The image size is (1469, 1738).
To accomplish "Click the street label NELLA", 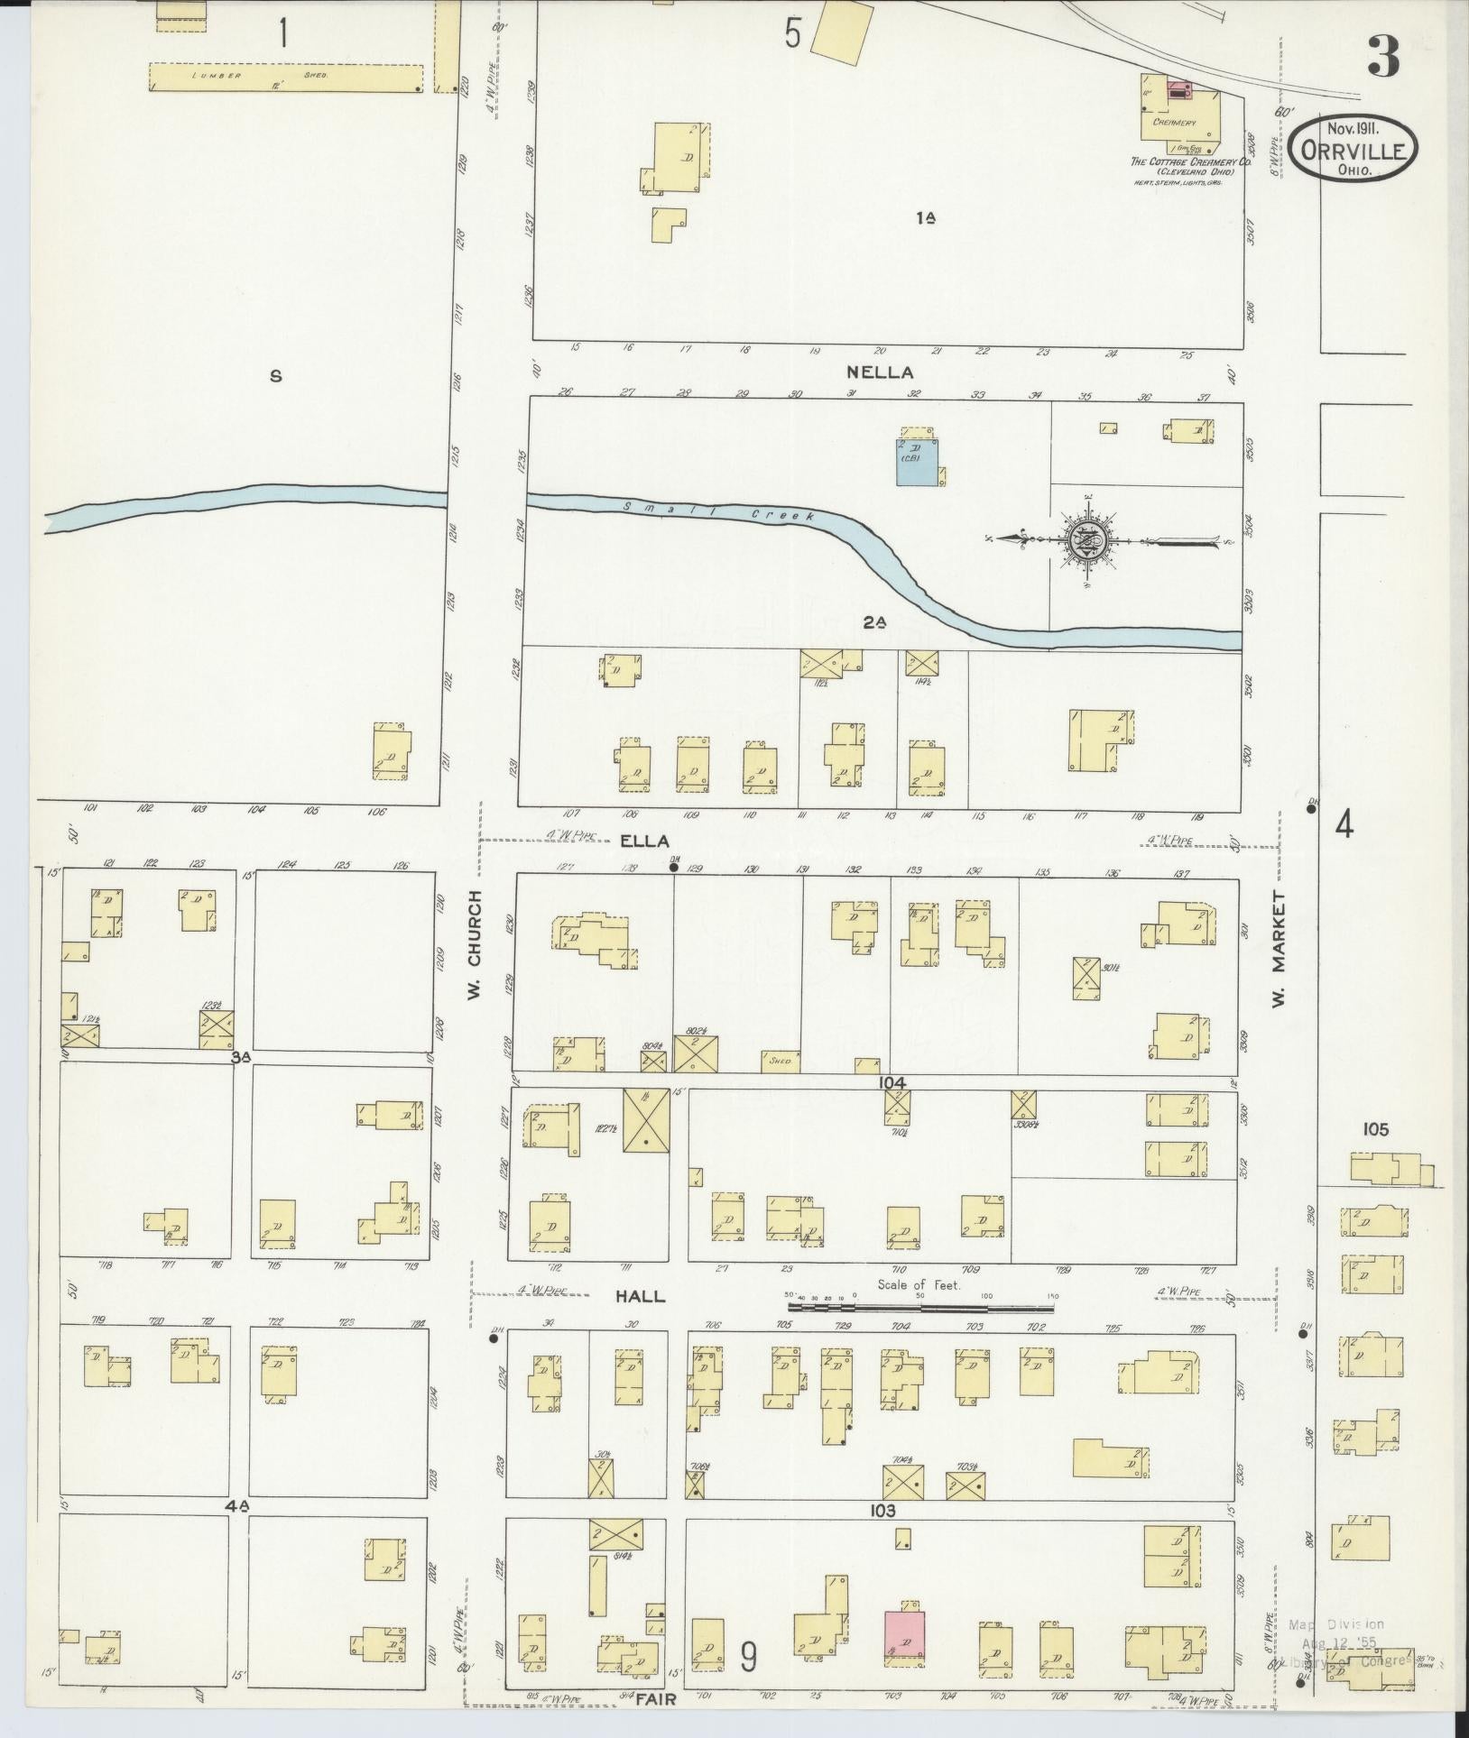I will coord(879,372).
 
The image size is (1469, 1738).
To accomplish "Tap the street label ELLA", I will coord(644,841).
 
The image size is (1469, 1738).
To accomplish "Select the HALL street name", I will coord(640,1296).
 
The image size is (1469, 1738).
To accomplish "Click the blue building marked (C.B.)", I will coord(914,463).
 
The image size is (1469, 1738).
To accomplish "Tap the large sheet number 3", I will coord(1382,56).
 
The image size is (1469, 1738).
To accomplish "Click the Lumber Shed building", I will coord(284,77).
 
